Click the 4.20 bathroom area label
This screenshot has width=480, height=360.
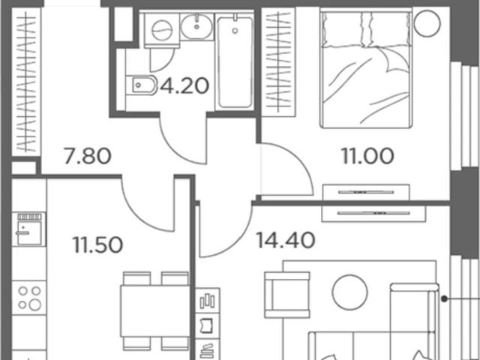tap(184, 86)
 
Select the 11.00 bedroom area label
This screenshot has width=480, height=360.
tap(367, 156)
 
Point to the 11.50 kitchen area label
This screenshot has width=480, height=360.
tap(98, 245)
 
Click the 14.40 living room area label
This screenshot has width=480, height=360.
tap(285, 240)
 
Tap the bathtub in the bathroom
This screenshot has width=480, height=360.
tap(235, 61)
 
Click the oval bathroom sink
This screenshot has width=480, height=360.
tap(196, 27)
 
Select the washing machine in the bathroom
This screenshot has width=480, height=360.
tap(162, 30)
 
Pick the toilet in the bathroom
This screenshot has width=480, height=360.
tap(142, 85)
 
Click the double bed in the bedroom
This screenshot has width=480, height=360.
tap(366, 69)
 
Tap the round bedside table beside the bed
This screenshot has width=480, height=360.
tap(427, 23)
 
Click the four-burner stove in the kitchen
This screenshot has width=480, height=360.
tap(29, 298)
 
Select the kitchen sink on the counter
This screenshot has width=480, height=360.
tap(29, 229)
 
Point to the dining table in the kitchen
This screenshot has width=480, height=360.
tap(155, 311)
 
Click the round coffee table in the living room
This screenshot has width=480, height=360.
tap(350, 292)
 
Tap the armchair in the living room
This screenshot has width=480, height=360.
tap(287, 295)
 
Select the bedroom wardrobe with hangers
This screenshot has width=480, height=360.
tap(278, 62)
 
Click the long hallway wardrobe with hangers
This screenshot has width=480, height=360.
tap(26, 82)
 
